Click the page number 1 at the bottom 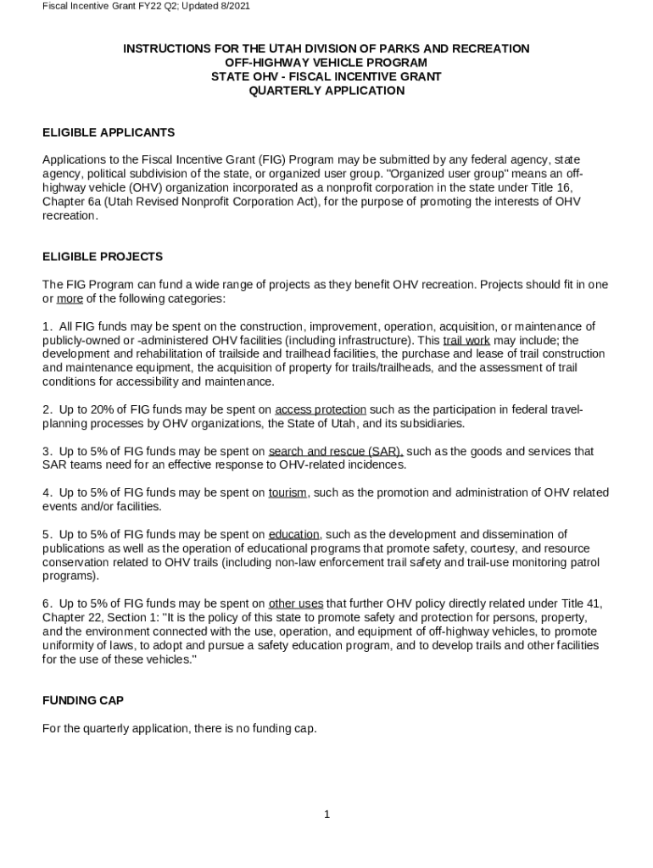point(326,815)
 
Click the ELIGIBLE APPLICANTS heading point(109,132)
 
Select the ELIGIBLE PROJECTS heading point(103,257)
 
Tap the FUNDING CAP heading point(83,700)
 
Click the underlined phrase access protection point(321,409)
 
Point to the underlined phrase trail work point(466,341)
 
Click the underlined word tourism point(287,492)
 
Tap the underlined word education point(294,534)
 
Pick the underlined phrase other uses point(296,604)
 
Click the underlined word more point(70,299)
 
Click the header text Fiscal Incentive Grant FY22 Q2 point(103,6)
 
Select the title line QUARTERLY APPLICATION point(326,91)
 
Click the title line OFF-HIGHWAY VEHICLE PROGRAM point(326,63)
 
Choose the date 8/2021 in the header point(232,6)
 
